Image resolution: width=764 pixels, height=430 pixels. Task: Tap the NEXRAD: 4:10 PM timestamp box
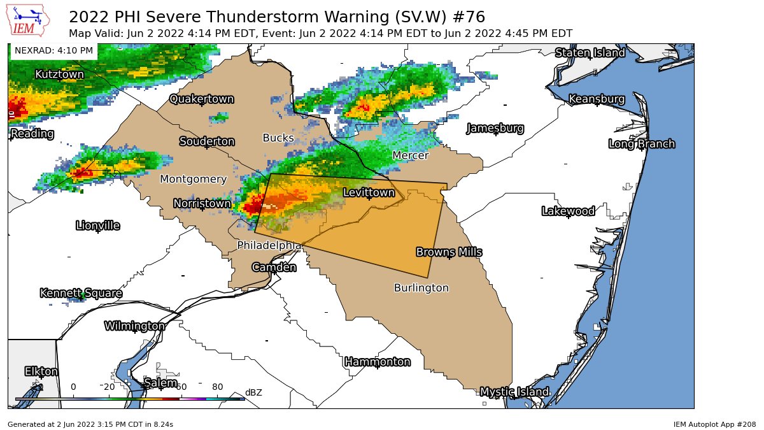[x=53, y=50]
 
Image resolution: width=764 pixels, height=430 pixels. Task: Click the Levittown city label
[x=369, y=192]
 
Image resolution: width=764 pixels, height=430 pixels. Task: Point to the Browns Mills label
[x=449, y=252]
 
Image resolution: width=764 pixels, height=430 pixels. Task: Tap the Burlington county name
[x=421, y=288]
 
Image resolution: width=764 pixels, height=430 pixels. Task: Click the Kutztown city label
[x=59, y=75]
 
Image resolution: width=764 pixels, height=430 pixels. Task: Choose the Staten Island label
[x=590, y=53]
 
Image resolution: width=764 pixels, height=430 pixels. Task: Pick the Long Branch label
[x=641, y=144]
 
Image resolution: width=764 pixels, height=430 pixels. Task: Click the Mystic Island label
[x=514, y=392]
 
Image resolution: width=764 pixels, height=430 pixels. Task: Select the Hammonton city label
[x=377, y=362]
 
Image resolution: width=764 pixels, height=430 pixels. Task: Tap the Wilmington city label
[x=134, y=326]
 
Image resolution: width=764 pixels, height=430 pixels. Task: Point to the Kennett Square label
[x=81, y=293]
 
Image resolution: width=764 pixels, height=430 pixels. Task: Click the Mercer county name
[x=411, y=155]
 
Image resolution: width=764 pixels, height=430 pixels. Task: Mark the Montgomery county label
[x=193, y=179]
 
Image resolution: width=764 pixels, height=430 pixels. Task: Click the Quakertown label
[x=201, y=99]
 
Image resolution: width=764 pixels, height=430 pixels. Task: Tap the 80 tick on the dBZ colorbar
[x=217, y=387]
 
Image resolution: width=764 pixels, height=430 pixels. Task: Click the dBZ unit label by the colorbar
[x=253, y=392]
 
